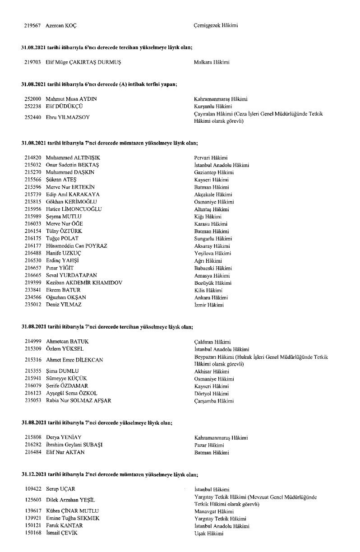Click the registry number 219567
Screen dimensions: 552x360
(x=33, y=25)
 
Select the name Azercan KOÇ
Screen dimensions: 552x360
(x=61, y=25)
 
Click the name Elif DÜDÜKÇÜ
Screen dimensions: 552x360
(x=64, y=106)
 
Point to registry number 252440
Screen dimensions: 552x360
(x=33, y=117)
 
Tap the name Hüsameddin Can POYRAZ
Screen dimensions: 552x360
(x=76, y=246)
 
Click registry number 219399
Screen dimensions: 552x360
(x=33, y=283)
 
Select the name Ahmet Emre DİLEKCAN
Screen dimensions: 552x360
(x=74, y=360)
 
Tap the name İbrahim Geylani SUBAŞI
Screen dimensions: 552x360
(x=74, y=445)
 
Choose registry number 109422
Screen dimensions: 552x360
(x=33, y=489)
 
